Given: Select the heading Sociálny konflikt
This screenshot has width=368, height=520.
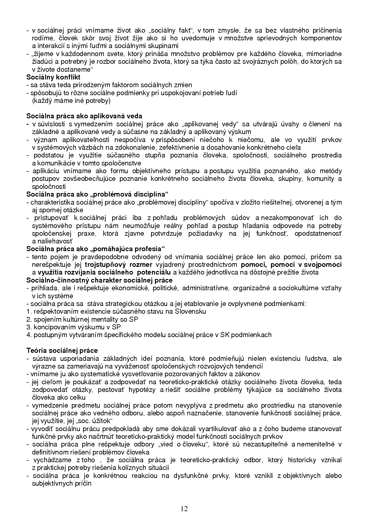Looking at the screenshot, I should pos(53,77).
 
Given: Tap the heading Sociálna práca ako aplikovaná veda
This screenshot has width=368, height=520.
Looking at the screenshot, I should pos(84,116).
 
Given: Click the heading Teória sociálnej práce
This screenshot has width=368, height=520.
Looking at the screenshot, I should pos(62,350).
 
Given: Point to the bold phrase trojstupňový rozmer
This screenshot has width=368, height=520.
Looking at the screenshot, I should pos(118,264).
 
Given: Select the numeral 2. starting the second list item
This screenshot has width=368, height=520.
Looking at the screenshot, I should pos(29,319).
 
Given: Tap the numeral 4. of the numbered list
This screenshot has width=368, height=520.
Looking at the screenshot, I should pos(29,335).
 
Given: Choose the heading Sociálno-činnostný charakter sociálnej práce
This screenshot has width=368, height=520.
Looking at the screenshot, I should pos(99,280).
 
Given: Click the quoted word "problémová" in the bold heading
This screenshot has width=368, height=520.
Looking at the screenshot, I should pos(110,194).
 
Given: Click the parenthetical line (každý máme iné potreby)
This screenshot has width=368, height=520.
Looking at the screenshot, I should pos(71,101).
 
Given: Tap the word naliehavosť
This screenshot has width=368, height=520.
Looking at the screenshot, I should pos(54,241).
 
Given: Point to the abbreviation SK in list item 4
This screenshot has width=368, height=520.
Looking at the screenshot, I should pos(224,335).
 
